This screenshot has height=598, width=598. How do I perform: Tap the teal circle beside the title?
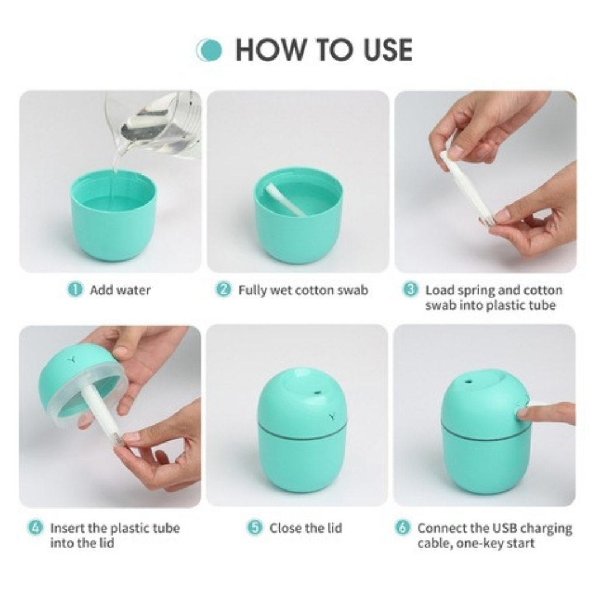pos(210,50)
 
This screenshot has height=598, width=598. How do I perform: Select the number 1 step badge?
pos(75,290)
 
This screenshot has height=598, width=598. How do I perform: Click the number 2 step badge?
pos(224,290)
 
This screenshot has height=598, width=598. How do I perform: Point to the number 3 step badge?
pos(411,290)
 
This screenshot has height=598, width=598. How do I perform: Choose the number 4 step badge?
pos(36,528)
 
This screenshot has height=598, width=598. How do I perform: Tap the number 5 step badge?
pos(255,528)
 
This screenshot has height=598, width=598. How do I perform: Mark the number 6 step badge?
pos(403,528)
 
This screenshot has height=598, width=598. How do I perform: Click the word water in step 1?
pos(134,291)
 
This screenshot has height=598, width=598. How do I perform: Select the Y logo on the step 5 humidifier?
pos(331,416)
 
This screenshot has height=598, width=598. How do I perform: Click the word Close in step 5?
pos(286,528)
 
